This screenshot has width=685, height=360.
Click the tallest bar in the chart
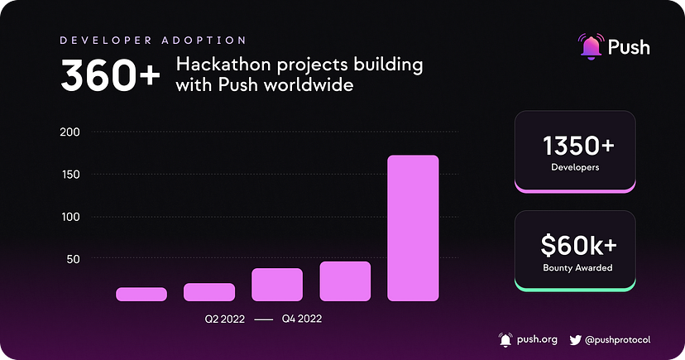click(x=413, y=228)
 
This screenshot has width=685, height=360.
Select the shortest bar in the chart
click(x=141, y=294)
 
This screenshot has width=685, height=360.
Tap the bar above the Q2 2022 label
click(x=209, y=291)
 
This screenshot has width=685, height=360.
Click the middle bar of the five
click(x=277, y=285)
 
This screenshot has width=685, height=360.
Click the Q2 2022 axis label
click(x=225, y=319)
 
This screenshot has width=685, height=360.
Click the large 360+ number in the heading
click(x=105, y=77)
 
